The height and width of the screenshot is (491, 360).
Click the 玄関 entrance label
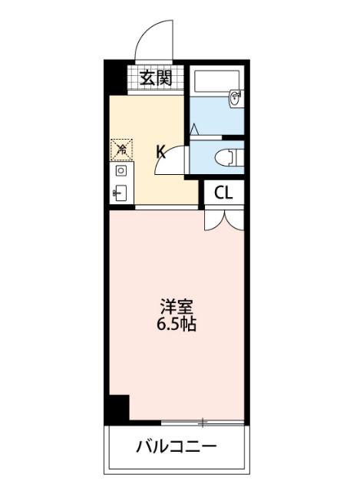click(156, 77)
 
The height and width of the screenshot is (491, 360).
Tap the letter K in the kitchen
click(160, 150)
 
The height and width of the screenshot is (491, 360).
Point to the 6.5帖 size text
click(177, 325)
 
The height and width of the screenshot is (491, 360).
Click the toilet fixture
click(228, 157)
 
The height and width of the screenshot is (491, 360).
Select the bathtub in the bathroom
click(215, 80)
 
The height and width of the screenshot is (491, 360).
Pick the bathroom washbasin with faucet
click(235, 97)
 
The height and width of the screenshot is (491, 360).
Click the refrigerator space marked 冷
click(121, 147)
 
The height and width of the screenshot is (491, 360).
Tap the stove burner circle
click(121, 170)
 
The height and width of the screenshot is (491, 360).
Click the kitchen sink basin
click(121, 192)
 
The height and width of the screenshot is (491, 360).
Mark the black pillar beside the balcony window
click(117, 407)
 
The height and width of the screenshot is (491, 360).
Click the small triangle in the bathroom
click(195, 128)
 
